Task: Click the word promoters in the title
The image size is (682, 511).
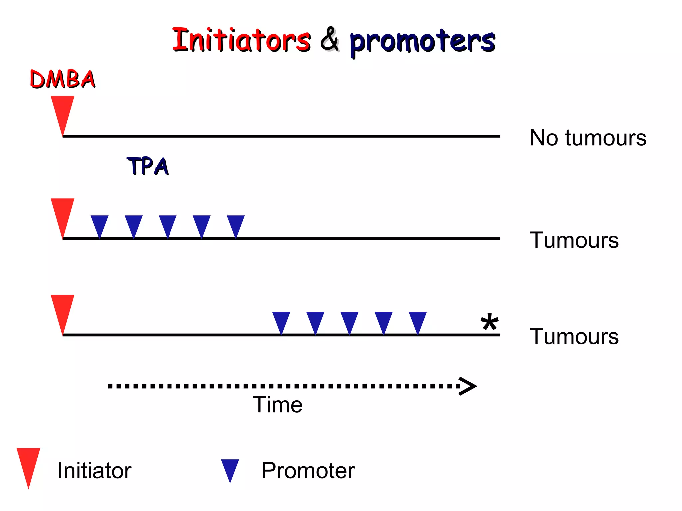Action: pyautogui.click(x=422, y=42)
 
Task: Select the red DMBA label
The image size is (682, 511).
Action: pyautogui.click(x=63, y=79)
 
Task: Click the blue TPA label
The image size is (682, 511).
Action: pyautogui.click(x=148, y=166)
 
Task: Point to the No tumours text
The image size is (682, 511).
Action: pyautogui.click(x=588, y=138)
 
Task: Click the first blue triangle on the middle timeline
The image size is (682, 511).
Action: pyautogui.click(x=100, y=224)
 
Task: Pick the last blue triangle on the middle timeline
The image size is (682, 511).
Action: pyautogui.click(x=236, y=224)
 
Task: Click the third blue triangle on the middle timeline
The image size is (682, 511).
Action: pyautogui.click(x=168, y=224)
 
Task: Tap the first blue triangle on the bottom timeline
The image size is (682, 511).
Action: pyautogui.click(x=281, y=320)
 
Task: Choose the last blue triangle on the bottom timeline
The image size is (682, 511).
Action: pyautogui.click(x=418, y=320)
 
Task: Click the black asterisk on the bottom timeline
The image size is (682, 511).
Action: pyautogui.click(x=489, y=322)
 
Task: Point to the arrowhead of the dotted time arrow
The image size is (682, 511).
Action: pyautogui.click(x=469, y=386)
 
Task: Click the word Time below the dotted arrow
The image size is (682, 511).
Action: pyautogui.click(x=277, y=405)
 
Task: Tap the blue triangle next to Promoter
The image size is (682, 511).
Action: pyautogui.click(x=230, y=468)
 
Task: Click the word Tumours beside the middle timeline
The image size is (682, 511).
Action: pyautogui.click(x=574, y=240)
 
